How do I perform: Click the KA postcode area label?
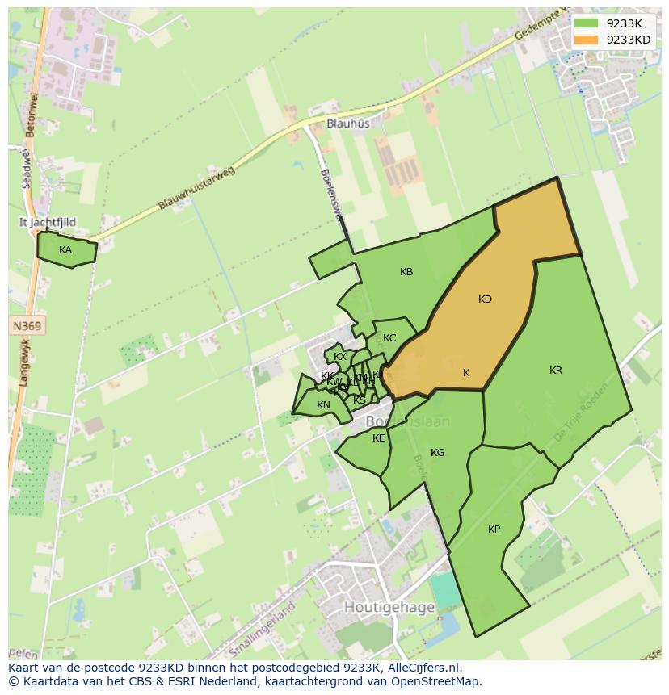(65, 250)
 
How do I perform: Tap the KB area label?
(406, 272)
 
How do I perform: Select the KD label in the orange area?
(485, 299)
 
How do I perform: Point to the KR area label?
(556, 371)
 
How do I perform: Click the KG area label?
(437, 453)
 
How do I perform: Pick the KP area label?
(494, 530)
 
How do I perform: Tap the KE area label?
(379, 438)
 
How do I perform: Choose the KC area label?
(389, 338)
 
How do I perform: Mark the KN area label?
(323, 405)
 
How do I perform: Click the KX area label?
(340, 357)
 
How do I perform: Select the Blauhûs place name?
(348, 124)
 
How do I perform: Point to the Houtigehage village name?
(389, 607)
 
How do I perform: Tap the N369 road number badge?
(27, 326)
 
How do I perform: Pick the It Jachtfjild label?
(48, 222)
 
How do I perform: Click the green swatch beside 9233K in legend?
(586, 23)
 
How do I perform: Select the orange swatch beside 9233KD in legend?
(586, 40)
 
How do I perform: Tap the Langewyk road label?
(24, 363)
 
